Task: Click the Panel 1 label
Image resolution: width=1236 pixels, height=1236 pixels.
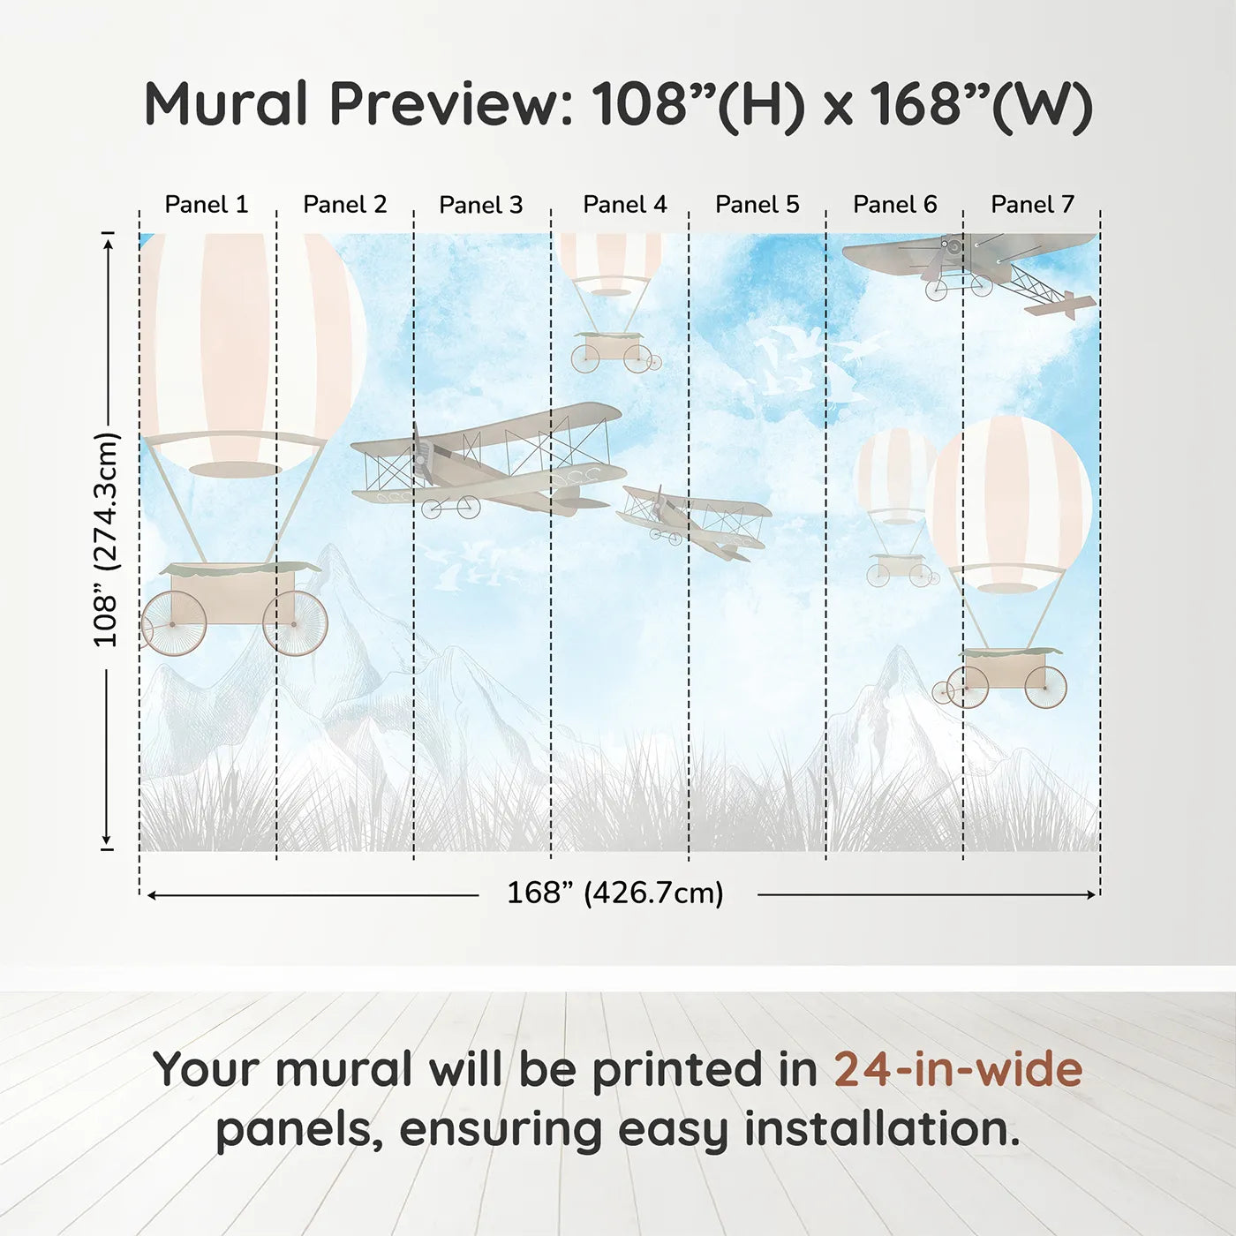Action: pyautogui.click(x=207, y=205)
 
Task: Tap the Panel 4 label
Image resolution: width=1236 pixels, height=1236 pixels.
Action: pyautogui.click(x=624, y=205)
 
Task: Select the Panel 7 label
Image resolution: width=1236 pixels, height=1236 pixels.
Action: pyautogui.click(x=1032, y=205)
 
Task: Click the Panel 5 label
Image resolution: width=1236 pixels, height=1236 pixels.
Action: pyautogui.click(x=757, y=205)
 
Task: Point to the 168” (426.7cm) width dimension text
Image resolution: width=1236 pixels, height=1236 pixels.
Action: pyautogui.click(x=614, y=893)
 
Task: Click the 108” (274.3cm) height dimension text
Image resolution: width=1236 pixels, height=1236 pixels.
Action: pyautogui.click(x=106, y=539)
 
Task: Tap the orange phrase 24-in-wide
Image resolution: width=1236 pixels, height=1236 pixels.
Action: pyautogui.click(x=958, y=1069)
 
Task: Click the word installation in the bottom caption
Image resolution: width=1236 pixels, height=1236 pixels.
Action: pyautogui.click(x=879, y=1129)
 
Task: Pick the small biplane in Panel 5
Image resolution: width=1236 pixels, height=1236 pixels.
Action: pyautogui.click(x=694, y=521)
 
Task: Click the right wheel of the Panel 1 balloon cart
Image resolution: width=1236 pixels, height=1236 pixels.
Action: pyautogui.click(x=296, y=623)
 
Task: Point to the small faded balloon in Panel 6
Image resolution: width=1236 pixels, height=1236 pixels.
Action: pyautogui.click(x=893, y=477)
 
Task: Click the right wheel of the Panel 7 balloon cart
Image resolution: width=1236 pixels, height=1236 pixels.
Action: pyautogui.click(x=1045, y=687)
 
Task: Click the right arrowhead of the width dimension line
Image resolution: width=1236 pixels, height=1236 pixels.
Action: pyautogui.click(x=1091, y=894)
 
